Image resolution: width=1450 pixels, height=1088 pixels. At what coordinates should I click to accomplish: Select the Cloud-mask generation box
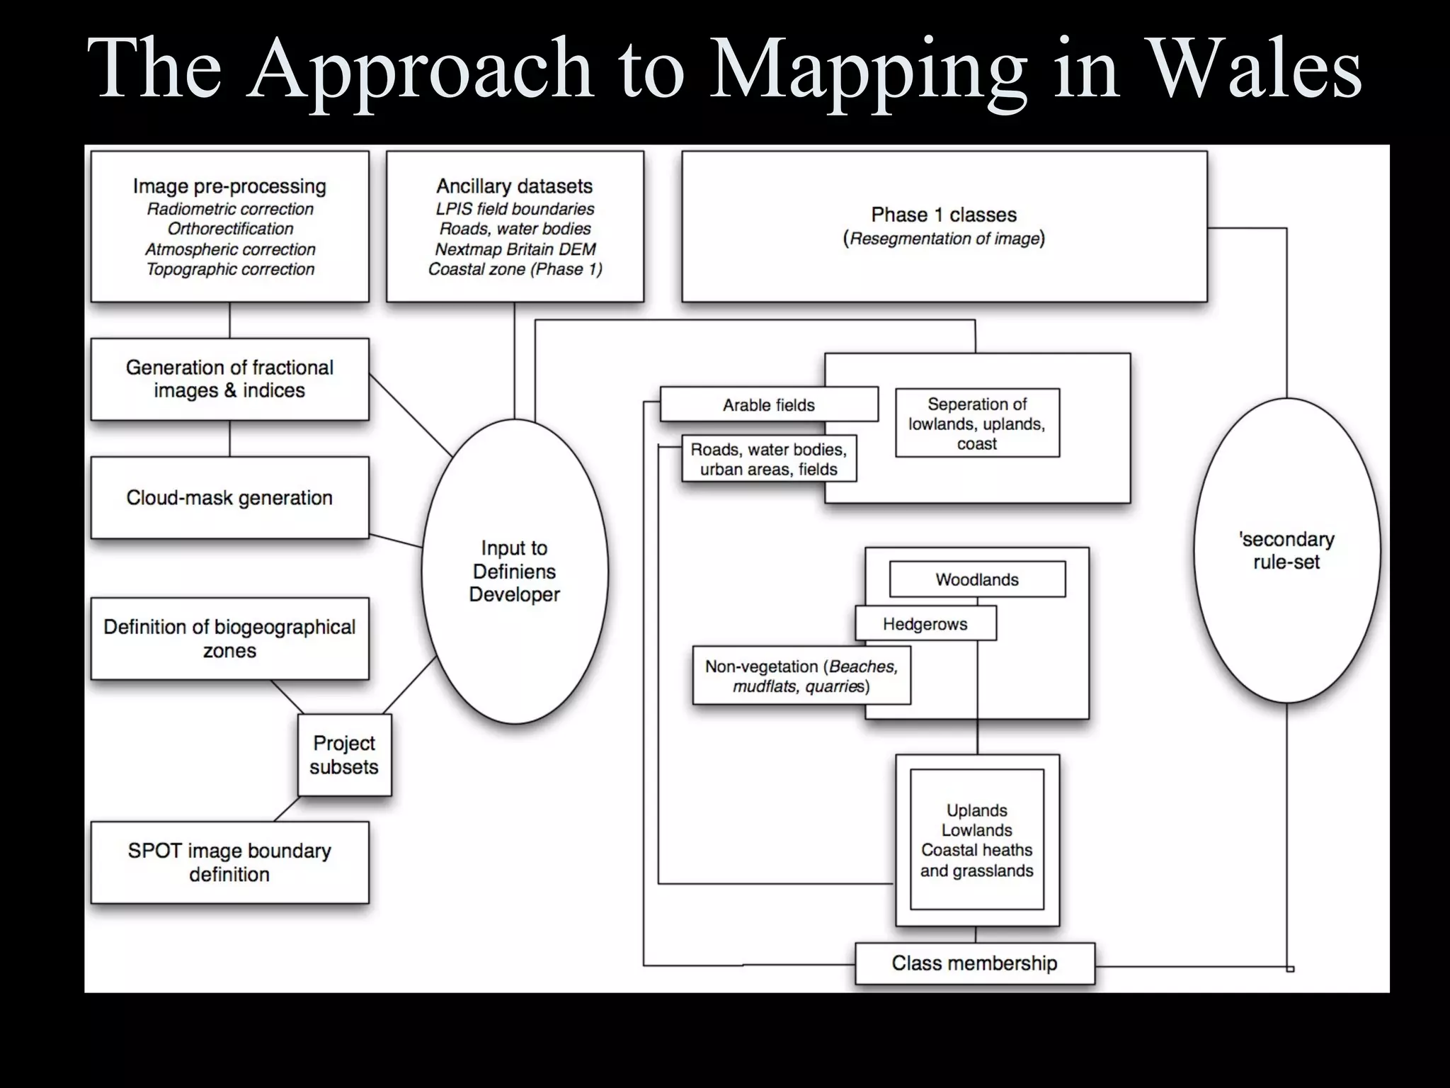[x=229, y=498]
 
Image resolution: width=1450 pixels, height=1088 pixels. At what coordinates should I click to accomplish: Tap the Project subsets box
[x=344, y=755]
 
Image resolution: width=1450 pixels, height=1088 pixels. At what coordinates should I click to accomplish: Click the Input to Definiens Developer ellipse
[x=515, y=571]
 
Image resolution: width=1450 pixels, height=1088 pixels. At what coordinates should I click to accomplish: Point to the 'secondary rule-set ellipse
[x=1286, y=550]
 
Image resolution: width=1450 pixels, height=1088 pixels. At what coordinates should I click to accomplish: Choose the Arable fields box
[x=769, y=405]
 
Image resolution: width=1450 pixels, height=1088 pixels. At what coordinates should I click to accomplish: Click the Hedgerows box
[x=925, y=624]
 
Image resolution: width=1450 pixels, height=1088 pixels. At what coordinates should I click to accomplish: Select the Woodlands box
[x=977, y=579]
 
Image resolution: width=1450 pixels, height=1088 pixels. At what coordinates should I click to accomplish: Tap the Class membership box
[x=974, y=963]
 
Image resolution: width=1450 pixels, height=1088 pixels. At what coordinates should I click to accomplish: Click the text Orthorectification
[x=230, y=229]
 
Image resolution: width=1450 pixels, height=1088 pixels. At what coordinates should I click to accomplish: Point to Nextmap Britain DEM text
[x=515, y=249]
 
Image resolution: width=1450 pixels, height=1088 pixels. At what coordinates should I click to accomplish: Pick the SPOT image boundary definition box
[x=229, y=862]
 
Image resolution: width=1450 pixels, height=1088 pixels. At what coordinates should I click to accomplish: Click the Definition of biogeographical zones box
[x=229, y=639]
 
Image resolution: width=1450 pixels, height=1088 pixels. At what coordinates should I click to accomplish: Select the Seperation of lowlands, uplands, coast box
[x=977, y=424]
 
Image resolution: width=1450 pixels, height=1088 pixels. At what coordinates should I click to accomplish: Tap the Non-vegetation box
[x=801, y=676]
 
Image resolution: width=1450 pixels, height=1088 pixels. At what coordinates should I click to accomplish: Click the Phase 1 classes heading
[x=944, y=215]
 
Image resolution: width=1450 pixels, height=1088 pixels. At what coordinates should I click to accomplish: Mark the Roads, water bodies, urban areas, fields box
[x=769, y=459]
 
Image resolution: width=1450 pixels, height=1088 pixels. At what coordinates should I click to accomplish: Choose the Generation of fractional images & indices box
[x=229, y=379]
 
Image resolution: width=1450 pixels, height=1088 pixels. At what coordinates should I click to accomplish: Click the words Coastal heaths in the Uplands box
[x=976, y=850]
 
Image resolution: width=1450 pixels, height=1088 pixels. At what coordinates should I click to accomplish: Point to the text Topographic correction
[x=230, y=269]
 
